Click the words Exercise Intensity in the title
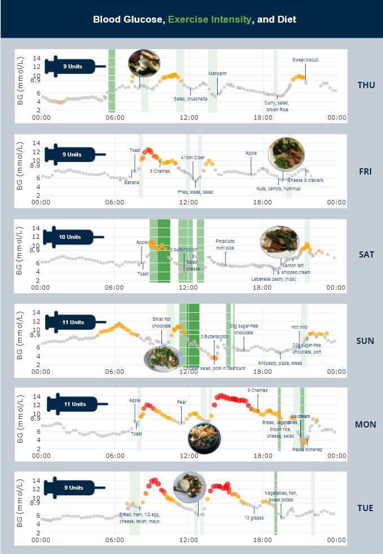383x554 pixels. click(x=209, y=20)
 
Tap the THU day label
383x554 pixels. click(x=366, y=85)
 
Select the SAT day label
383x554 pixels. click(x=366, y=254)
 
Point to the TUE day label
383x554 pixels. click(x=366, y=508)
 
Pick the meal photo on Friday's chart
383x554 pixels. click(x=288, y=153)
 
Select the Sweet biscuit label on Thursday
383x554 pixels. click(x=305, y=60)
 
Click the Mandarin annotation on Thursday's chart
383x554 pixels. click(x=217, y=73)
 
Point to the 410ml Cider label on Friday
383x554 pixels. click(x=193, y=157)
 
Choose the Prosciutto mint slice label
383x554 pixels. click(x=225, y=245)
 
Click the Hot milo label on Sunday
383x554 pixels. click(x=300, y=327)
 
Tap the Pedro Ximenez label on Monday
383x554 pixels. click(x=307, y=450)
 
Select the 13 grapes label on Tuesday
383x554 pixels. click(x=254, y=517)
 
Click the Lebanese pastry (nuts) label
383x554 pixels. click(x=274, y=279)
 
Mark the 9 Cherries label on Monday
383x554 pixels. click(x=257, y=390)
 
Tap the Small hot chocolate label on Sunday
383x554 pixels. click(x=161, y=322)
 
